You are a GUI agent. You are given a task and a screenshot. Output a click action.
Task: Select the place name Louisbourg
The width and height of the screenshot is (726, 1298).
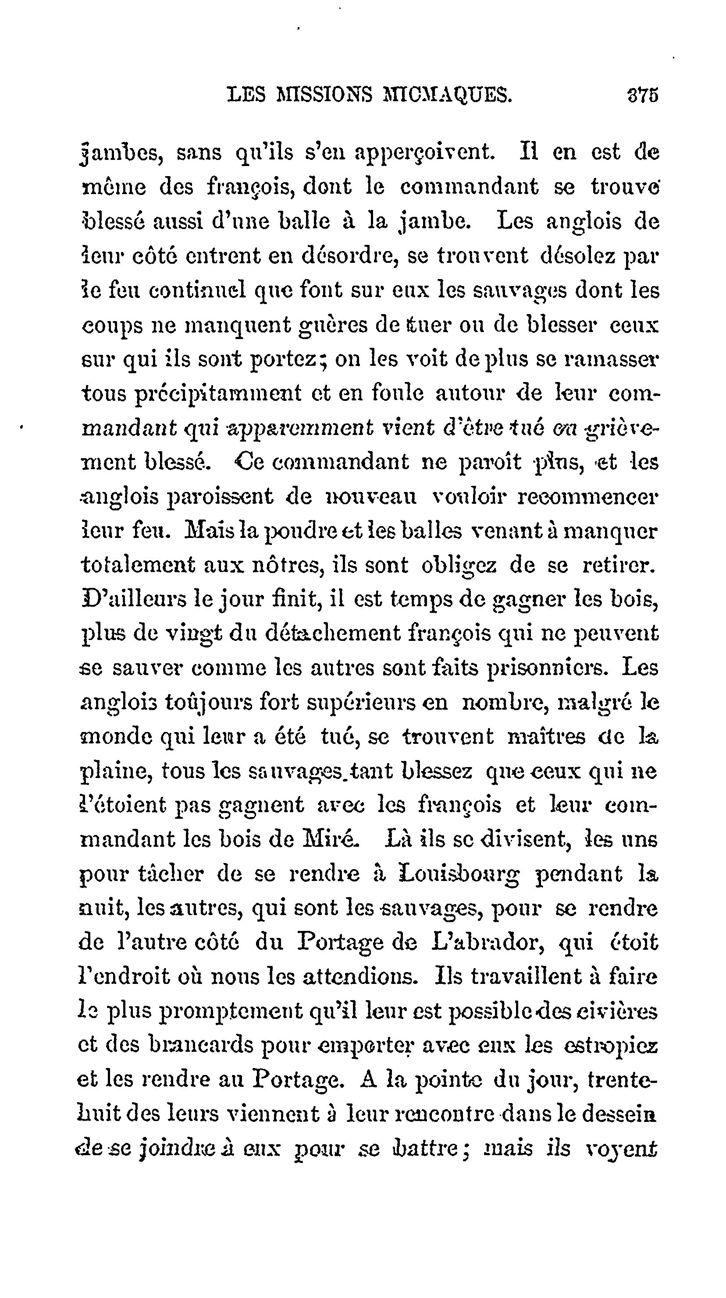tap(458, 874)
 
